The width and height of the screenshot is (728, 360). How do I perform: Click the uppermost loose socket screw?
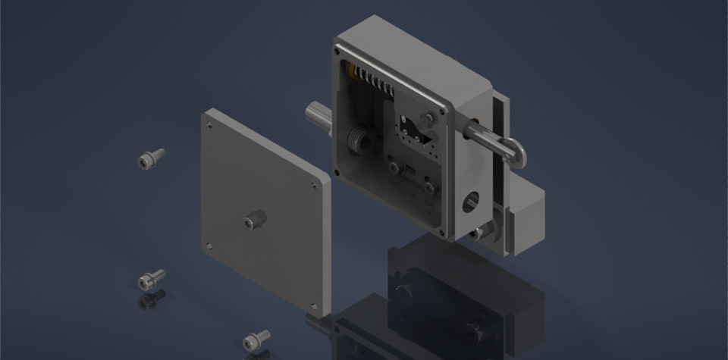tap(150, 158)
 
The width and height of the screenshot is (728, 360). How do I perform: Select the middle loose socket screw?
tap(151, 279)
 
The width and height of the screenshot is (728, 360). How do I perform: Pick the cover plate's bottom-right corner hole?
tap(314, 305)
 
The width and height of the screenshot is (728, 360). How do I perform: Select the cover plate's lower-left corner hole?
tap(208, 245)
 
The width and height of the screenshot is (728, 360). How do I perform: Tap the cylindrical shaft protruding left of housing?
tap(318, 120)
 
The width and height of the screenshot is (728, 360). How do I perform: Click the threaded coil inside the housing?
tap(356, 141)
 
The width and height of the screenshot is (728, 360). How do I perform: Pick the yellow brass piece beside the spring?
tap(351, 71)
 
